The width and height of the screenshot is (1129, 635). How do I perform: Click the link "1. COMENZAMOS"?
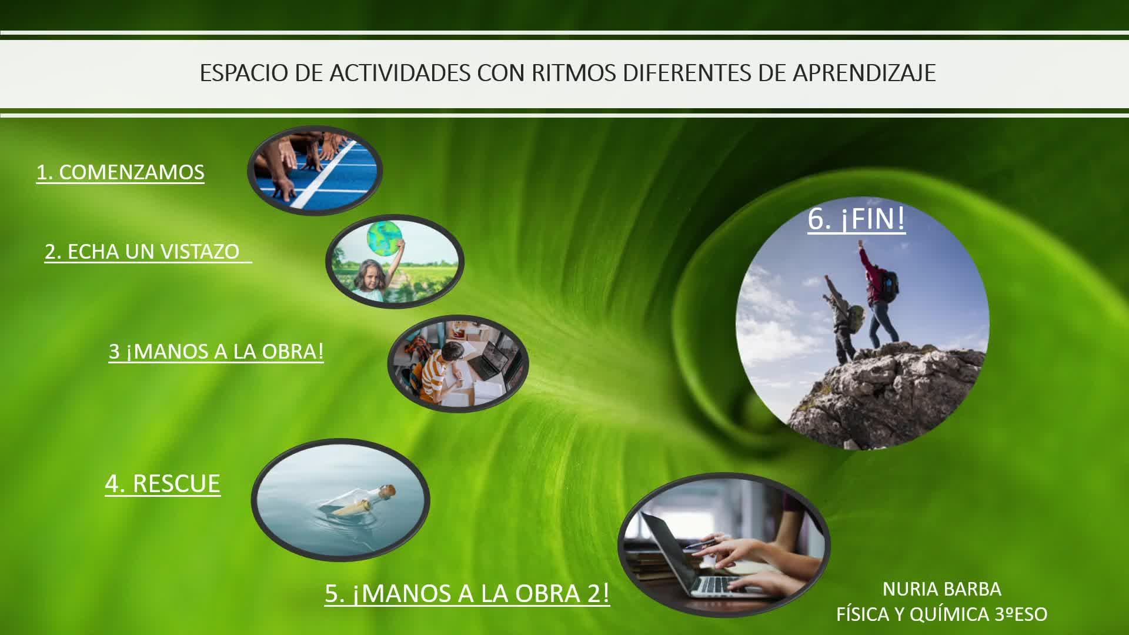pyautogui.click(x=121, y=172)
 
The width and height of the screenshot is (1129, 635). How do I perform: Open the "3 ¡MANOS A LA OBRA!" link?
pyautogui.click(x=216, y=352)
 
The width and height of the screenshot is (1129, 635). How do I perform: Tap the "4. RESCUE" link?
pyautogui.click(x=163, y=483)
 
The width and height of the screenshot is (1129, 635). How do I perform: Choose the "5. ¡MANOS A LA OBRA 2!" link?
pyautogui.click(x=467, y=593)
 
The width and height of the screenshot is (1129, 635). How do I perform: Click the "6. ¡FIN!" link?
pyautogui.click(x=857, y=219)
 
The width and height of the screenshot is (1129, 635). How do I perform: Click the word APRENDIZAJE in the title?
pyautogui.click(x=864, y=73)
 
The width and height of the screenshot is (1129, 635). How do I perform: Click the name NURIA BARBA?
pyautogui.click(x=942, y=589)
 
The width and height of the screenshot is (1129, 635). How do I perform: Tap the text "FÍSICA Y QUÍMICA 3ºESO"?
pyautogui.click(x=942, y=614)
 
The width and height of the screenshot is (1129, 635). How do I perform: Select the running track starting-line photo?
pyautogui.click(x=315, y=171)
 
